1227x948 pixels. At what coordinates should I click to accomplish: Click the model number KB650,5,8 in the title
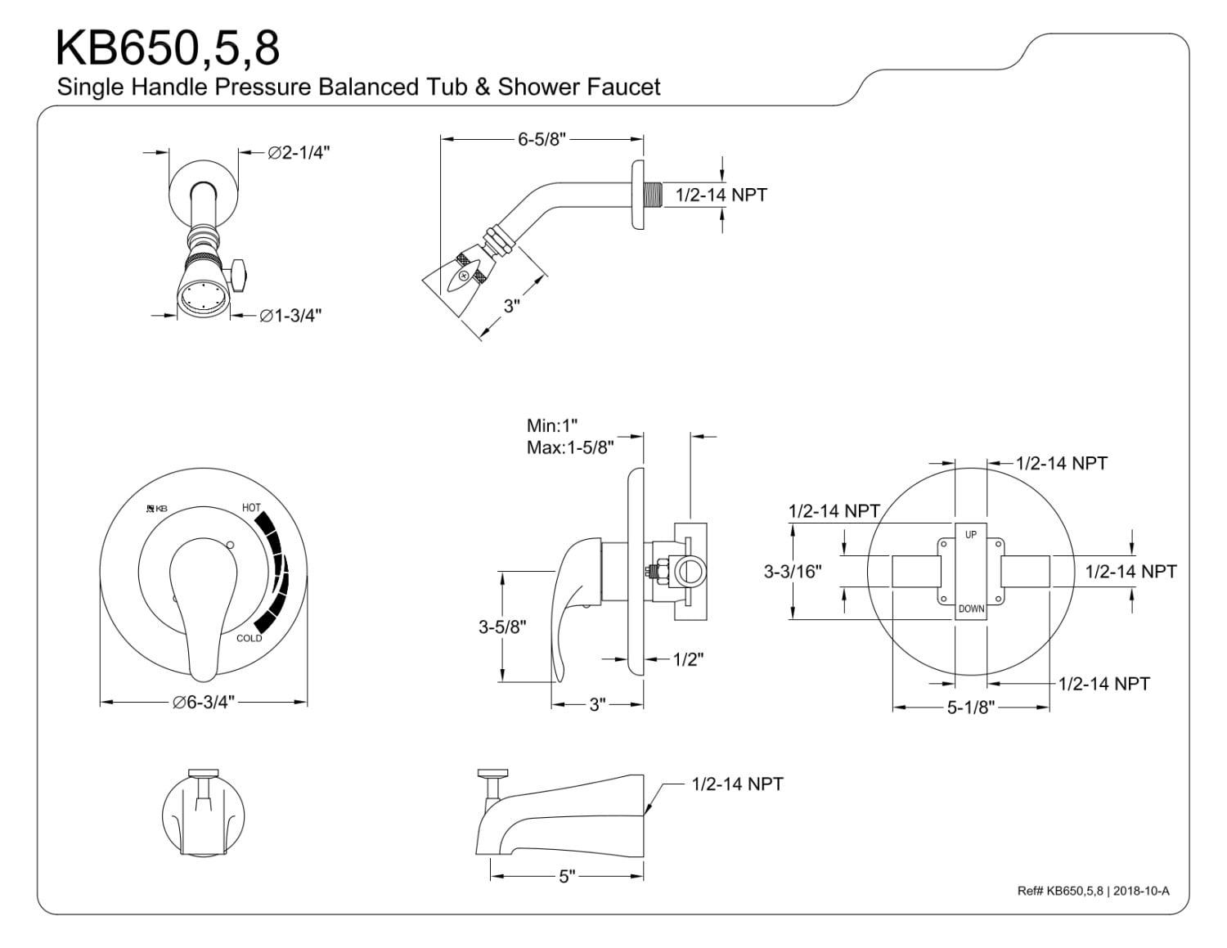pos(168,49)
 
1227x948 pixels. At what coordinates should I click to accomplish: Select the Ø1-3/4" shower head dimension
pos(290,316)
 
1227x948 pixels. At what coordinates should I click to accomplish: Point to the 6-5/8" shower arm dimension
pos(541,139)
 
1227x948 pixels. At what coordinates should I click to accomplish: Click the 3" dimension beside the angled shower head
pos(512,306)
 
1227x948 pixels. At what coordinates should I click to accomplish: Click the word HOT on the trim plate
pos(251,508)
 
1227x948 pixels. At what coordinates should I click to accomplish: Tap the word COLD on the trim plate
pos(249,638)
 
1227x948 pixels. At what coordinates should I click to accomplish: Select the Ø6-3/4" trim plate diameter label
pos(204,702)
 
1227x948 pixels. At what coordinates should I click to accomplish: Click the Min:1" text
pos(552,426)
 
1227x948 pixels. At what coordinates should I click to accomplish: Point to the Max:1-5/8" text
pos(570,447)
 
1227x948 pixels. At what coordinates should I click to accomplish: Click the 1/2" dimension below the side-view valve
pos(688,659)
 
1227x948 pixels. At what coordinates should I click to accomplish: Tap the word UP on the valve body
pos(971,535)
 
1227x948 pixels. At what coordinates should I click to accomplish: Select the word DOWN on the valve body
pos(971,609)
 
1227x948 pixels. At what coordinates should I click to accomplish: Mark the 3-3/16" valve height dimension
pos(792,572)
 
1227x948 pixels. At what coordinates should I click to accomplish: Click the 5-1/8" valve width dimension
pos(969,708)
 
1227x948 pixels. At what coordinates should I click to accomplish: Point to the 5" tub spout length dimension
pos(567,877)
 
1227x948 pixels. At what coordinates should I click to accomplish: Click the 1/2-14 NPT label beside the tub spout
pos(737,784)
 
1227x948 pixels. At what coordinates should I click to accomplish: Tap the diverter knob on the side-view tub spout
pos(493,773)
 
